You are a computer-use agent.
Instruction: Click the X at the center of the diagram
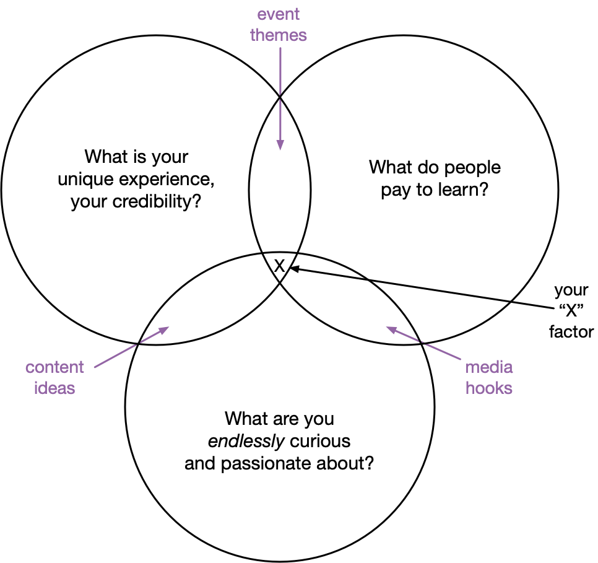[279, 266]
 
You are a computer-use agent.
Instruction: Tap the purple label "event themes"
[279, 24]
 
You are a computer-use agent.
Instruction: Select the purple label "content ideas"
[54, 378]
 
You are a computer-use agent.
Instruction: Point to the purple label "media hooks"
[489, 378]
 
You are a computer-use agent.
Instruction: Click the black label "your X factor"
[571, 312]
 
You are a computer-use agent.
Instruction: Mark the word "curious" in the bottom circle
[321, 442]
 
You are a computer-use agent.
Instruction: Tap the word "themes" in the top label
[279, 35]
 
